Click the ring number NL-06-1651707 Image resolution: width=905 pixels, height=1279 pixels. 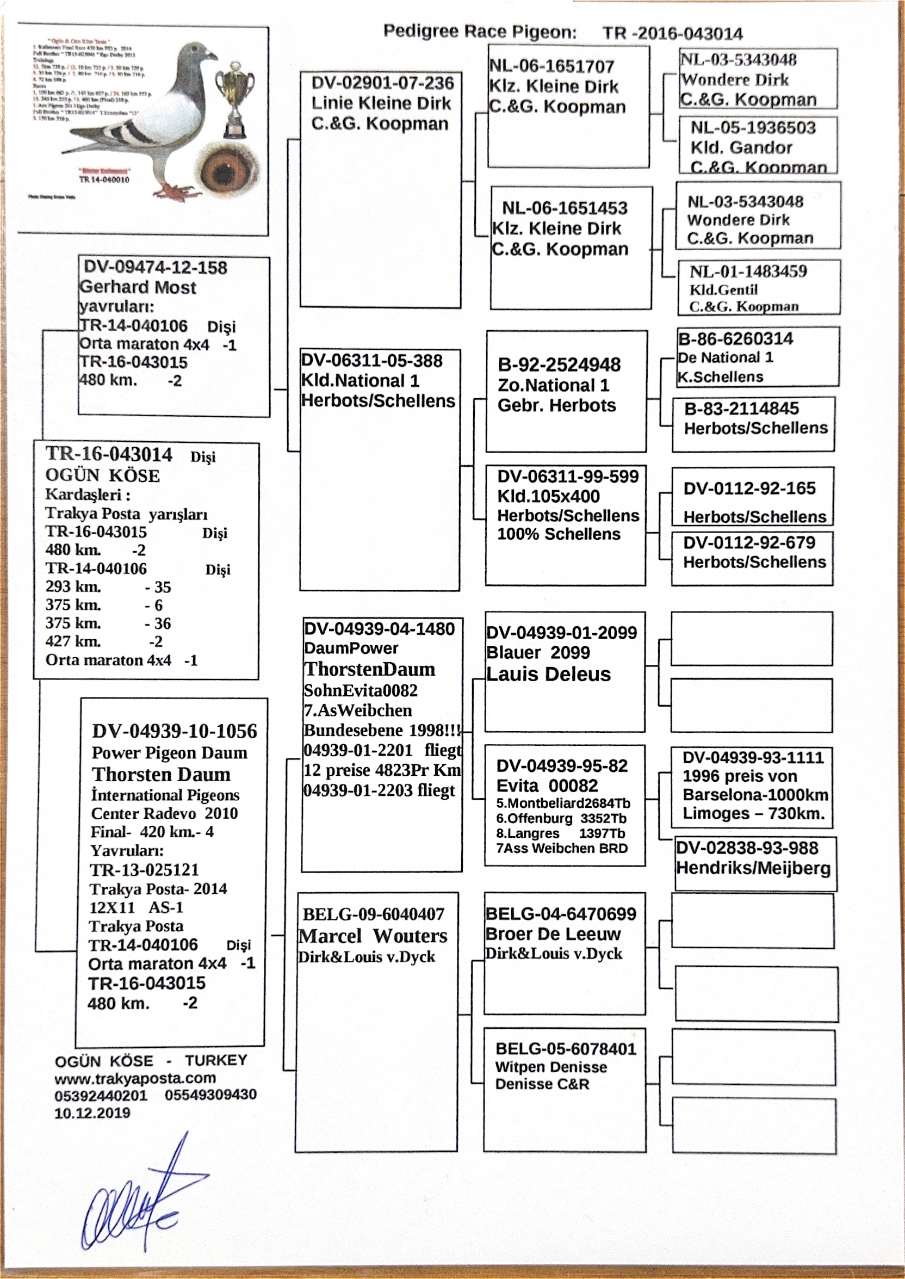(x=551, y=66)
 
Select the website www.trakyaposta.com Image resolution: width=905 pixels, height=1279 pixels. (x=135, y=1078)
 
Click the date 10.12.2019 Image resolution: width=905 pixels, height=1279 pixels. (x=92, y=1113)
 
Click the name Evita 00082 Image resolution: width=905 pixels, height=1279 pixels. (x=547, y=785)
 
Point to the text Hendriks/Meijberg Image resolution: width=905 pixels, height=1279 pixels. (x=753, y=868)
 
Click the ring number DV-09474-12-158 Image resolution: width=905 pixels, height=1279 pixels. (x=156, y=268)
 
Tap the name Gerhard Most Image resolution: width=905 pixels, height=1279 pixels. (x=138, y=288)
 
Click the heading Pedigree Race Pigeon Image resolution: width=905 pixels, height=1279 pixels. (x=480, y=32)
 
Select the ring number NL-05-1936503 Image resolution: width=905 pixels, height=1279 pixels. (x=753, y=128)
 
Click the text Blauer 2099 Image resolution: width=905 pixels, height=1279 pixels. (x=538, y=653)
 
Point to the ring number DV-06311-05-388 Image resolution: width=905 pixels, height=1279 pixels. (x=371, y=361)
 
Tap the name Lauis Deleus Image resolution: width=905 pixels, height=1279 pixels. (x=548, y=675)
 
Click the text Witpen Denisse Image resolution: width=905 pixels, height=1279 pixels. (x=550, y=1067)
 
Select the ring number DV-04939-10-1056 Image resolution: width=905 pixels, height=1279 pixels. (x=175, y=731)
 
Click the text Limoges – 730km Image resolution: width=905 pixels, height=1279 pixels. (x=753, y=814)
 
